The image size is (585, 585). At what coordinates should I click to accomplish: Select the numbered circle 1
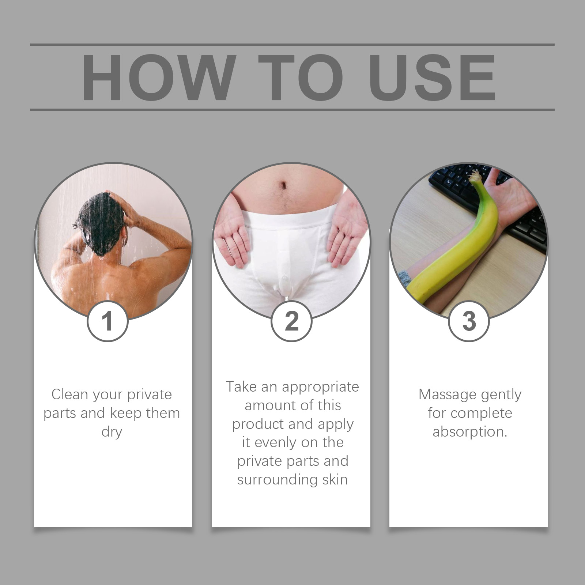107,321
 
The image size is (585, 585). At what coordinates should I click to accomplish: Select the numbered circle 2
291,321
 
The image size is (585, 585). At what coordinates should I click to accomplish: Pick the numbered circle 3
469,321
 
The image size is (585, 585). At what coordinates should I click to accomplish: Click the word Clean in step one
69,395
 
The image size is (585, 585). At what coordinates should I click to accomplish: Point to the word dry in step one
112,432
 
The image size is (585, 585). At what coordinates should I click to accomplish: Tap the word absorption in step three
469,432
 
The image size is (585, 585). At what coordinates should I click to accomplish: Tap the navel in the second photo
283,185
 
